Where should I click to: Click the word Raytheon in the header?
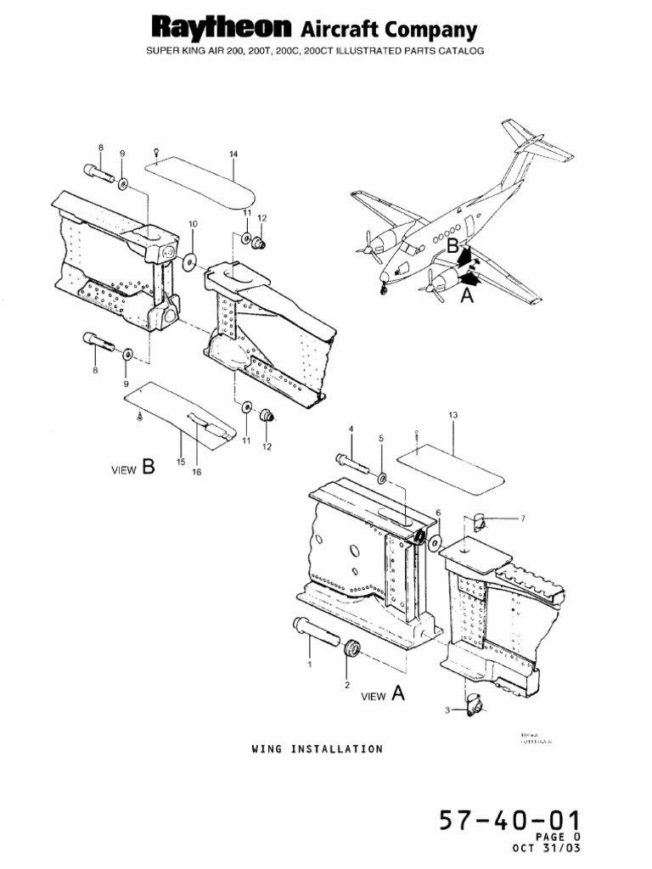tap(223, 29)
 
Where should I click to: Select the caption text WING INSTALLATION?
tap(317, 748)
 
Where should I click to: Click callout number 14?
tap(233, 154)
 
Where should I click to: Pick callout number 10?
tap(193, 224)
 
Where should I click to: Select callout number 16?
tap(196, 473)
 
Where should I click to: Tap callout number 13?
tap(452, 415)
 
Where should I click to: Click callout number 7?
tap(523, 518)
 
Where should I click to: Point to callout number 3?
tap(447, 709)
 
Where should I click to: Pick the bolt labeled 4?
tap(353, 463)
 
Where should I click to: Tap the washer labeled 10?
tap(188, 259)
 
